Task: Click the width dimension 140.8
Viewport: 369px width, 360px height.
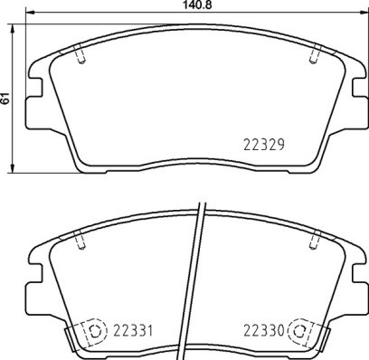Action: pyautogui.click(x=185, y=5)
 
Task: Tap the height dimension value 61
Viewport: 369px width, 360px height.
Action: pyautogui.click(x=6, y=99)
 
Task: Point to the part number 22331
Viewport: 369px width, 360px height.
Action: pyautogui.click(x=128, y=331)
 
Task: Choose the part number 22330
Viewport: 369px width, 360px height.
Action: pyautogui.click(x=262, y=331)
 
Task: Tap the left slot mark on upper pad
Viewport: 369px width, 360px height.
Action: pyautogui.click(x=81, y=56)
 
